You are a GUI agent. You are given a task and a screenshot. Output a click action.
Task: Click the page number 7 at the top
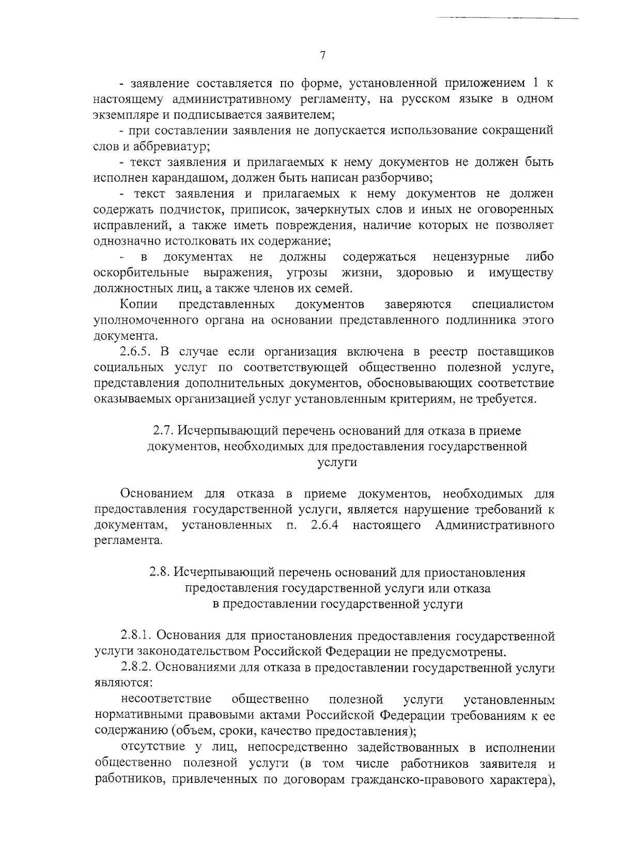(x=322, y=56)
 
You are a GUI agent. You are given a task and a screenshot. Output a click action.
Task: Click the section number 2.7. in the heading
(x=164, y=430)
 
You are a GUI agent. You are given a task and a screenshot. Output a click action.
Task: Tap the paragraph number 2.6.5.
(x=136, y=352)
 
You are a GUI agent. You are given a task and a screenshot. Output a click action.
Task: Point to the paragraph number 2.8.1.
(x=136, y=635)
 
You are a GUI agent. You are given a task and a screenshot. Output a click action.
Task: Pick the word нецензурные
(x=471, y=257)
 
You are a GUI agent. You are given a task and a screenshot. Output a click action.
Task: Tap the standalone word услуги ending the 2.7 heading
(x=337, y=462)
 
